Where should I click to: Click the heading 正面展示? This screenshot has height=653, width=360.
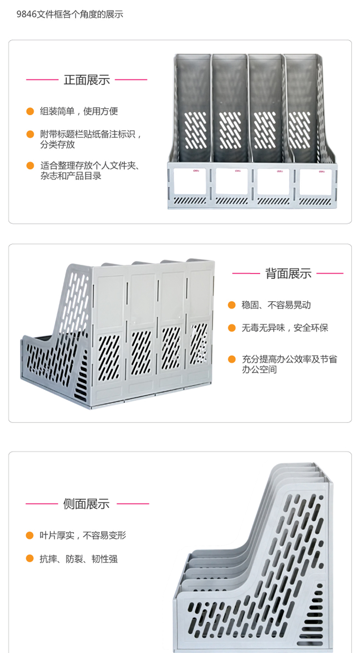(x=87, y=80)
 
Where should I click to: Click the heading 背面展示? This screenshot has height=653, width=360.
(x=288, y=273)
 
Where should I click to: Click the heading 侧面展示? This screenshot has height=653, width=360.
(x=87, y=504)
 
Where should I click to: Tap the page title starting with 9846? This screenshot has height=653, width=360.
(x=70, y=14)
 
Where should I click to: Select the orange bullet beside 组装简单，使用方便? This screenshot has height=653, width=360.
(x=30, y=111)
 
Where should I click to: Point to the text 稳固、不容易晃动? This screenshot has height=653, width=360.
(x=276, y=305)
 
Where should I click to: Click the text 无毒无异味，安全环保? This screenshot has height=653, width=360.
(x=285, y=328)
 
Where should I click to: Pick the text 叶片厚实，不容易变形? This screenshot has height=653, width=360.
(x=82, y=535)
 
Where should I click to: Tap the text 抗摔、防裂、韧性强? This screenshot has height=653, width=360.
(x=78, y=559)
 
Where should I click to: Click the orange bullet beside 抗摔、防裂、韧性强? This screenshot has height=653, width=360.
(x=30, y=558)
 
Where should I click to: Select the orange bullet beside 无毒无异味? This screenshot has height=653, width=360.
(x=232, y=328)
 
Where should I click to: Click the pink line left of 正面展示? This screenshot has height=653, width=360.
(x=42, y=80)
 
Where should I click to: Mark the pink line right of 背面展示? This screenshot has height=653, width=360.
(x=330, y=273)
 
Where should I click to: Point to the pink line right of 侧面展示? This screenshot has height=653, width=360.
(x=133, y=504)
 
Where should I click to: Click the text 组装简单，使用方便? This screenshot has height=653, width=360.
(x=79, y=111)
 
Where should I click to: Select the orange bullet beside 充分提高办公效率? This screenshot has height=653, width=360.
(x=232, y=359)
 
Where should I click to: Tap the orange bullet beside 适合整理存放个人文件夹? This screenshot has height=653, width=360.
(x=30, y=166)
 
